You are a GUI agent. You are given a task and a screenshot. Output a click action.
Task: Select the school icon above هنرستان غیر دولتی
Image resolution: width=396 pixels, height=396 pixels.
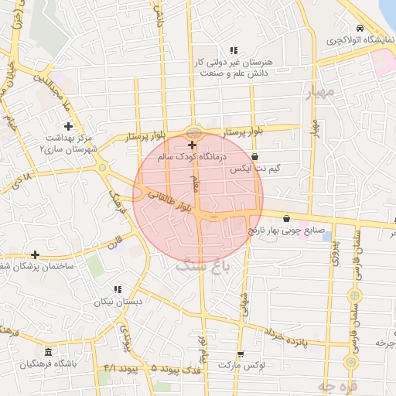(234, 50)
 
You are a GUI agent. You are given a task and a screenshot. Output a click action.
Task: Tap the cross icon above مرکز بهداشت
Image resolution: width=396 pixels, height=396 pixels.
(69, 125)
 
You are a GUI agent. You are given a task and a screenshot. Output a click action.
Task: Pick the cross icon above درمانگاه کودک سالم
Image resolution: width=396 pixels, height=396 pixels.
(193, 145)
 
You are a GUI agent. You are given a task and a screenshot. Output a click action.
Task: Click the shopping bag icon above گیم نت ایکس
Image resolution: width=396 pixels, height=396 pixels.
(254, 156)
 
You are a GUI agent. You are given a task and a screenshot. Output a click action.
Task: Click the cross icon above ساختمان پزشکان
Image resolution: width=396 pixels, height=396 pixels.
(35, 254)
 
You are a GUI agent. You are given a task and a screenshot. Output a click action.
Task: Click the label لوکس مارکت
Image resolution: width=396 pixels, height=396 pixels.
(241, 364)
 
